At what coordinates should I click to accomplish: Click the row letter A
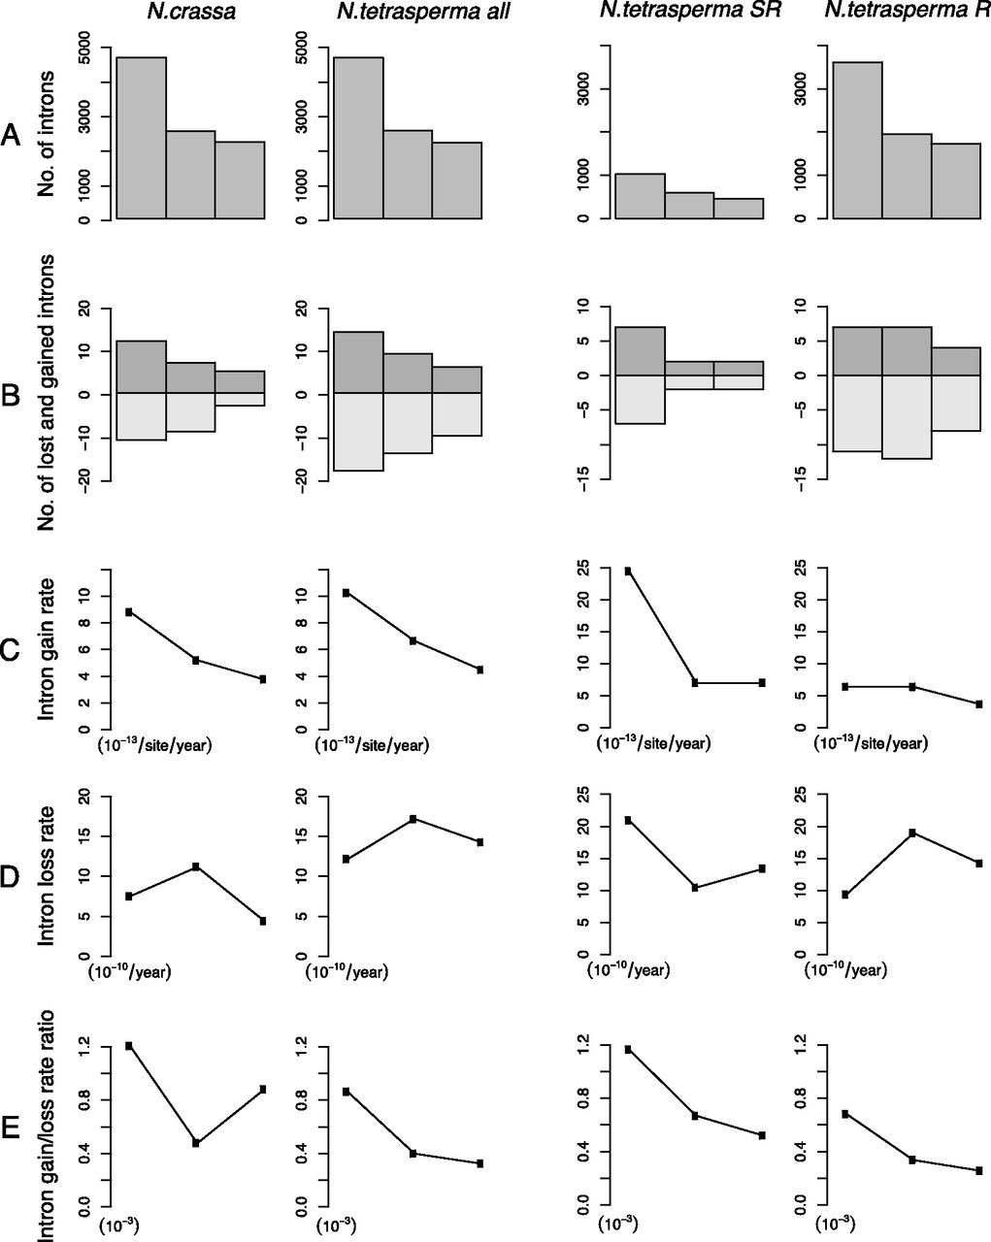[x=12, y=137]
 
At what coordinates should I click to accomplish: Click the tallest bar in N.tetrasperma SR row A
[x=640, y=196]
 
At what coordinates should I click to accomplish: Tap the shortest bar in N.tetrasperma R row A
[x=956, y=181]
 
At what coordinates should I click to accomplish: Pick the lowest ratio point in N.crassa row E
[x=196, y=1143]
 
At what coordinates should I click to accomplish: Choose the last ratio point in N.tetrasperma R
[x=979, y=1171]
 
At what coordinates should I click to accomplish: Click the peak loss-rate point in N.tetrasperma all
[x=413, y=819]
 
